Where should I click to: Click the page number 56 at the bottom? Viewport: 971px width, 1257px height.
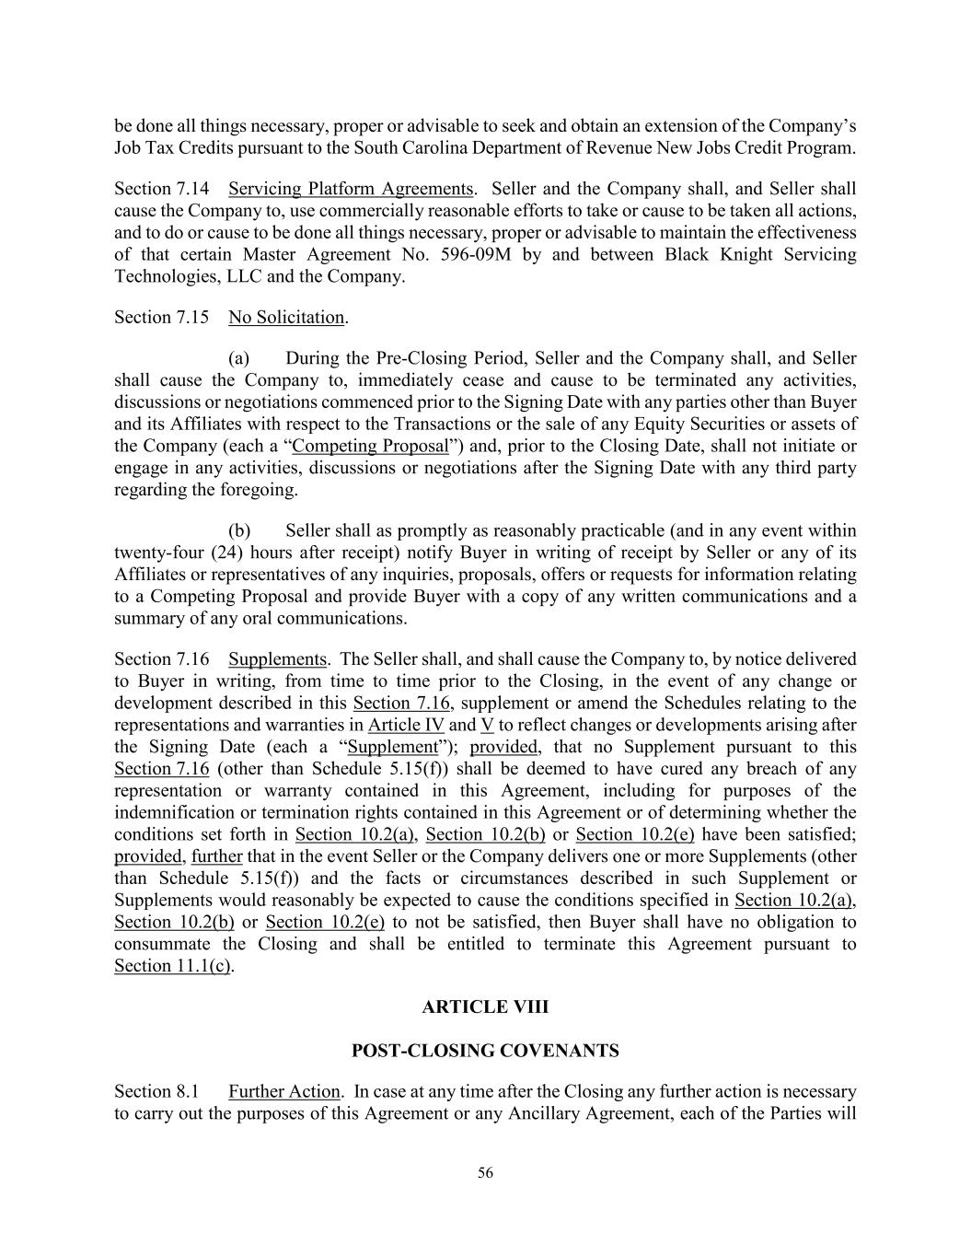(x=485, y=1172)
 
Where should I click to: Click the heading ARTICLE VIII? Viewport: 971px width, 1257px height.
(x=485, y=1007)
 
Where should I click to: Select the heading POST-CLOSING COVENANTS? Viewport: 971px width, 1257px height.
(x=485, y=1051)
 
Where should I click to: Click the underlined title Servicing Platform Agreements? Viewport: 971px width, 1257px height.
(x=351, y=189)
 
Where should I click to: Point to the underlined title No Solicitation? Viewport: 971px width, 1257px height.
(x=286, y=318)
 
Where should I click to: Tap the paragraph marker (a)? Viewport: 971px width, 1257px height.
(x=239, y=358)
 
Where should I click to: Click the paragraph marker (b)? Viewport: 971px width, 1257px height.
(x=239, y=530)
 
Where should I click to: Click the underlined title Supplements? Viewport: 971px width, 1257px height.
(x=277, y=659)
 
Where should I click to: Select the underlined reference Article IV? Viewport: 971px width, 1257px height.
(x=406, y=725)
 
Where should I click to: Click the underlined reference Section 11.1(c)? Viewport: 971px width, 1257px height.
(x=172, y=966)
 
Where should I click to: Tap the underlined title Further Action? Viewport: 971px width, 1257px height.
(x=284, y=1092)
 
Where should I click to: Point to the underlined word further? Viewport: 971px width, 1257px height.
(x=216, y=856)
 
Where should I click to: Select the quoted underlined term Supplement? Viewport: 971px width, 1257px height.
(x=393, y=747)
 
